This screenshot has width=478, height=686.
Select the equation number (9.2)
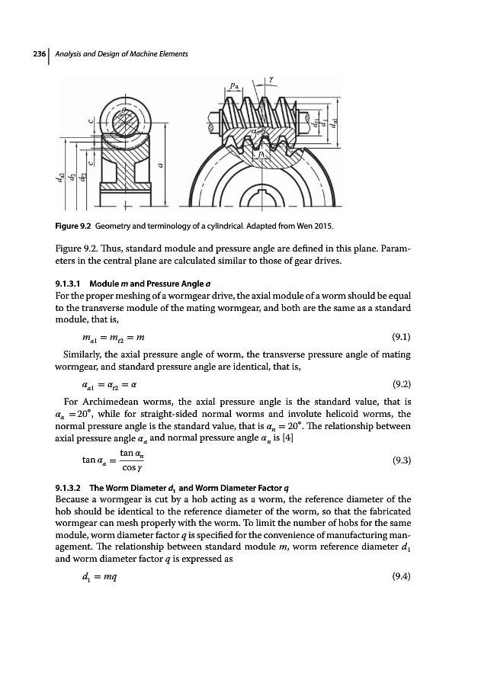398,365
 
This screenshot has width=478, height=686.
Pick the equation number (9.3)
398,461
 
